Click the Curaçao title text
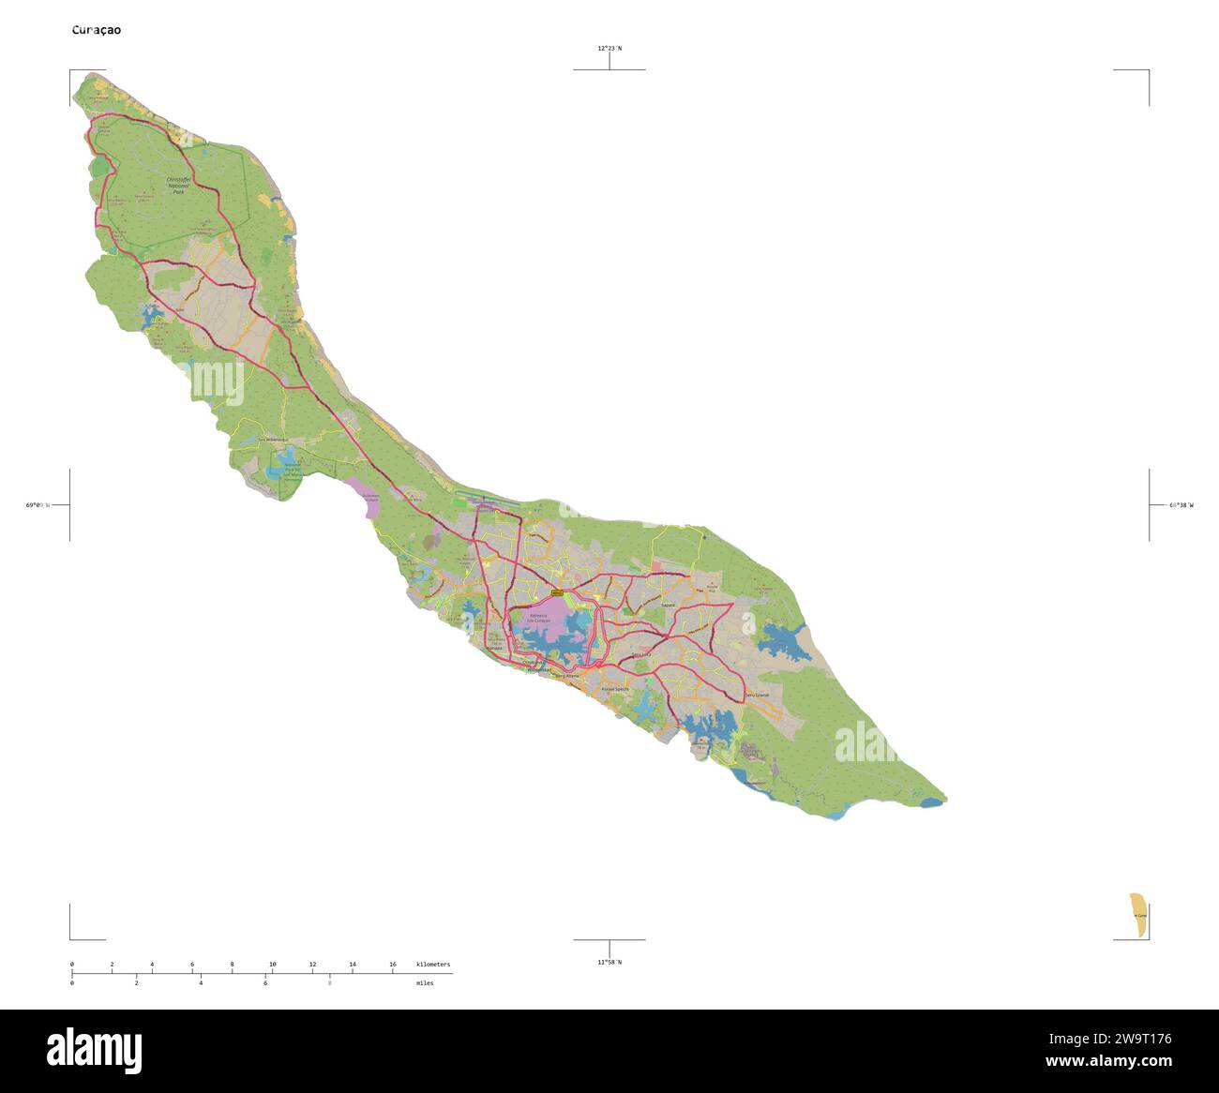(x=97, y=30)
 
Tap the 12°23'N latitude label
(x=609, y=48)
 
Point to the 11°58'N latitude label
(x=609, y=962)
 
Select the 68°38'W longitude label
(x=1181, y=505)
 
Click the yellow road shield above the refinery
(x=557, y=593)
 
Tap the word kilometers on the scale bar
(x=432, y=965)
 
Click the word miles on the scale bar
(x=425, y=983)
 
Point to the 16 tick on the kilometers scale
(x=393, y=965)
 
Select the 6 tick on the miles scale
(x=265, y=983)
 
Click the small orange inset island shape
(x=1137, y=915)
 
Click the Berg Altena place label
(x=568, y=676)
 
